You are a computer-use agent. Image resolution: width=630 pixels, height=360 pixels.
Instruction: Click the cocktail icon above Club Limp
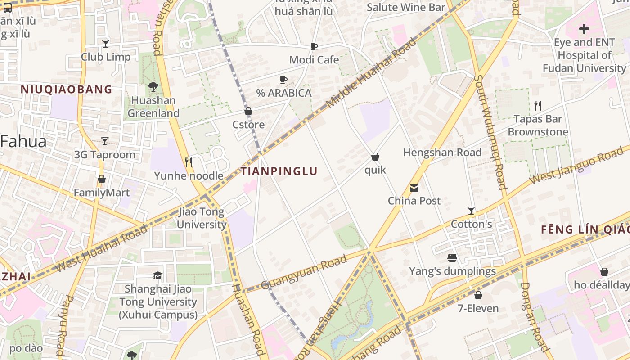click(x=106, y=44)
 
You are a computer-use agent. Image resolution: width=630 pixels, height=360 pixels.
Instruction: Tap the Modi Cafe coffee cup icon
click(x=314, y=46)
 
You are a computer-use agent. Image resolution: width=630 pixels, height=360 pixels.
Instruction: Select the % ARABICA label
click(x=284, y=93)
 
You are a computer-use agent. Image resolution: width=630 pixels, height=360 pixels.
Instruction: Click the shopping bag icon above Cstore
click(x=248, y=111)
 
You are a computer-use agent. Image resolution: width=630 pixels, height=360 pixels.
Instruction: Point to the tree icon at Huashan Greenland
click(x=153, y=86)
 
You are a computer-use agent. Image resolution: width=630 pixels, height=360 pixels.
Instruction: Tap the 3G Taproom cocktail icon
click(x=105, y=141)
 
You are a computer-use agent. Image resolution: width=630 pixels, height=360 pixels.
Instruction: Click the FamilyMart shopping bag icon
click(x=102, y=179)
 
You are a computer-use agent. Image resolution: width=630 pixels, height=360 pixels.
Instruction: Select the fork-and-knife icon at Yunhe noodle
click(x=189, y=162)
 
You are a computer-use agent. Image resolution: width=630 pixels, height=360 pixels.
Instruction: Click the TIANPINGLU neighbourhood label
click(x=279, y=171)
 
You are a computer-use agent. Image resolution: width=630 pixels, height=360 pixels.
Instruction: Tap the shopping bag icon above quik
click(x=375, y=157)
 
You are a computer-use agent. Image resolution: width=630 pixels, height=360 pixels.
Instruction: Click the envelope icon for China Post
click(x=414, y=188)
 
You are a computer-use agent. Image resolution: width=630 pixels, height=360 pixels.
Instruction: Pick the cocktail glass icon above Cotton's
click(x=471, y=210)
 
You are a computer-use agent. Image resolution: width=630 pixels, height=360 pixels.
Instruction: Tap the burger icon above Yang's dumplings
click(x=452, y=258)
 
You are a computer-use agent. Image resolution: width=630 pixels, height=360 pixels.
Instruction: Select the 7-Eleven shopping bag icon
click(x=478, y=295)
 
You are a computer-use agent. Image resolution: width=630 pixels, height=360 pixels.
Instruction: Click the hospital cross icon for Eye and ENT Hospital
click(x=584, y=29)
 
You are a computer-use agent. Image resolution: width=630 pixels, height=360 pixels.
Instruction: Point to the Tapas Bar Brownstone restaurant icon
click(x=538, y=106)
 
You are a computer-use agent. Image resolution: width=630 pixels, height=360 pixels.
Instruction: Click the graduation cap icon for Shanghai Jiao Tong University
click(x=157, y=275)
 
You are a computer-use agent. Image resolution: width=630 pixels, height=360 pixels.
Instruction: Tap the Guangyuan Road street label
click(x=304, y=272)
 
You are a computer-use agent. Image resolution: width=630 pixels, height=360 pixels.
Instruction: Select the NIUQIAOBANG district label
click(x=67, y=89)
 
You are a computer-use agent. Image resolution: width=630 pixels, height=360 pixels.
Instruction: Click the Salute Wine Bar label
click(x=406, y=7)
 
